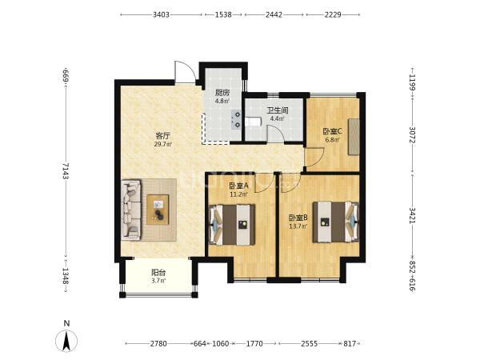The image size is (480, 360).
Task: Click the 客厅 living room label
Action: (x=163, y=135)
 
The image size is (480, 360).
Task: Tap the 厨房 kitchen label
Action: (x=222, y=93)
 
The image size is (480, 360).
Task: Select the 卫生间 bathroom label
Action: (x=278, y=110)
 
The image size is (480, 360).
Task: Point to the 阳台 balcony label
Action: (x=158, y=272)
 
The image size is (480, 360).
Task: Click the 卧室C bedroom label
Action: (x=333, y=132)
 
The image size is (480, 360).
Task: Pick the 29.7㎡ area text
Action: (x=163, y=144)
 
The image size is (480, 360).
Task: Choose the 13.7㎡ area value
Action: (x=298, y=226)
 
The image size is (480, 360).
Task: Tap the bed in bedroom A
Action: (x=232, y=225)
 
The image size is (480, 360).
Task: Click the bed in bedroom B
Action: (x=336, y=222)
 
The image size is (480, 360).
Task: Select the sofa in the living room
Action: (x=131, y=210)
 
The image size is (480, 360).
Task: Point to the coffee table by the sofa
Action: (x=158, y=210)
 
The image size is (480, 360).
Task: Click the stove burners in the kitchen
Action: (x=236, y=120)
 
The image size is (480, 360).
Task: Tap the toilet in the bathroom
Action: (x=253, y=122)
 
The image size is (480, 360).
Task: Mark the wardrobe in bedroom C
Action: (x=354, y=137)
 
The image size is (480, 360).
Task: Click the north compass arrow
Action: (x=66, y=341)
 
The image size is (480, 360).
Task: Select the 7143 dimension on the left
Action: (x=66, y=171)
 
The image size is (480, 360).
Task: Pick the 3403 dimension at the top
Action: (x=161, y=14)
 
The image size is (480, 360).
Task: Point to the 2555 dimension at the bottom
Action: (x=309, y=344)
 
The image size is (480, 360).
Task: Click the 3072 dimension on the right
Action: (x=412, y=135)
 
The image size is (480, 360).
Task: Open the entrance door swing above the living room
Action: (x=185, y=72)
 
